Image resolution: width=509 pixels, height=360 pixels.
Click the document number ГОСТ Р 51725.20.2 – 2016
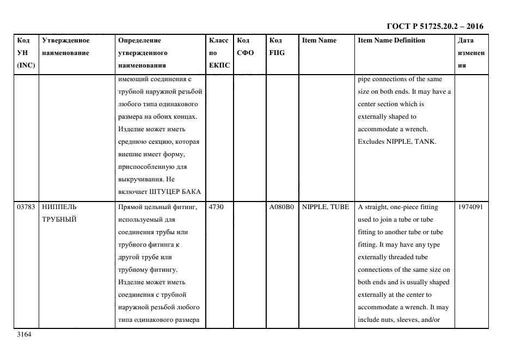pyautogui.click(x=434, y=26)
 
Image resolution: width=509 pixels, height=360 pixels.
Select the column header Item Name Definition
pyautogui.click(x=391, y=40)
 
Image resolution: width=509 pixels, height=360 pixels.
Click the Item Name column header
pyautogui.click(x=319, y=40)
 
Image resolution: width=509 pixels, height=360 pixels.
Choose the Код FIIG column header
pyautogui.click(x=277, y=47)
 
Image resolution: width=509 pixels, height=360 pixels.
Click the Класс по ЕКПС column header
pyautogui.click(x=219, y=53)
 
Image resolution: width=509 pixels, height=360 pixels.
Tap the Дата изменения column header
pyautogui.click(x=471, y=53)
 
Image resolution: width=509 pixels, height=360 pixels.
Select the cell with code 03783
pyautogui.click(x=27, y=208)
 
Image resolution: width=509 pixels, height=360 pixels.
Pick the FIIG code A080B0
pyautogui.click(x=281, y=208)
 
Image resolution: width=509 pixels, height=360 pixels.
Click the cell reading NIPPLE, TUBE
pyautogui.click(x=326, y=208)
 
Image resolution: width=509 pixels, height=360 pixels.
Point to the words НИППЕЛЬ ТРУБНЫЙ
pyautogui.click(x=59, y=213)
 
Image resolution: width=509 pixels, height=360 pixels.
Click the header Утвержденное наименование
pyautogui.click(x=66, y=47)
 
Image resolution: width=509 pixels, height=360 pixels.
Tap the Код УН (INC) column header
pyautogui.click(x=27, y=53)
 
